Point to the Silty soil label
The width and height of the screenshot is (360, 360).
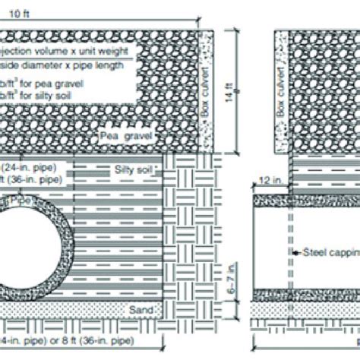click(x=133, y=168)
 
